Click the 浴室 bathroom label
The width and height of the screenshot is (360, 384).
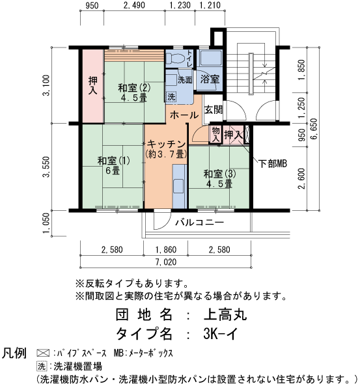click(209, 79)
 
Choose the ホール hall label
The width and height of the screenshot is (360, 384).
click(184, 115)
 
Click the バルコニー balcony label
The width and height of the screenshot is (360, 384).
click(199, 223)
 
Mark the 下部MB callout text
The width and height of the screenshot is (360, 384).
click(272, 163)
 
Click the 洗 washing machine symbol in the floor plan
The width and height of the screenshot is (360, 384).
click(171, 96)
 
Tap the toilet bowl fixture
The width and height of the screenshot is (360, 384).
click(174, 58)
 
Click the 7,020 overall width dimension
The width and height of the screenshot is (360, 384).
click(165, 262)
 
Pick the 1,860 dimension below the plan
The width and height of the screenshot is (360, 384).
click(166, 250)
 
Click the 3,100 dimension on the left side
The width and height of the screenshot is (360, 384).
click(46, 85)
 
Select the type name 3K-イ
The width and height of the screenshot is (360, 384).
click(224, 335)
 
